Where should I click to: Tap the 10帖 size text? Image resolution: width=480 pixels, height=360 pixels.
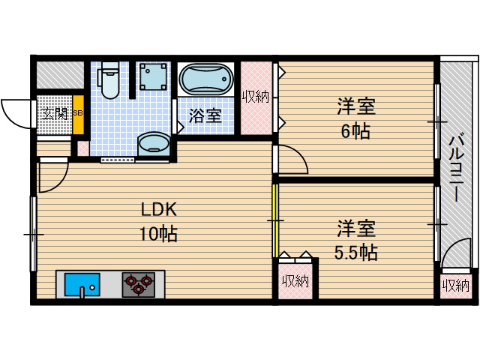tap(157, 234)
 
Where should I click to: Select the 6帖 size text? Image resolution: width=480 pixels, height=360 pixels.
tap(355, 131)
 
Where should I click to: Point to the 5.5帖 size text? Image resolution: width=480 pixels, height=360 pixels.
tap(355, 252)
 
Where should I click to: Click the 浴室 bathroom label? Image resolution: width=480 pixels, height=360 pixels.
tap(205, 116)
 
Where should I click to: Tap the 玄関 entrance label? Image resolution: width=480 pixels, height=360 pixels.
tap(54, 114)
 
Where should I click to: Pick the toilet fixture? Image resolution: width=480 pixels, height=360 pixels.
tap(109, 80)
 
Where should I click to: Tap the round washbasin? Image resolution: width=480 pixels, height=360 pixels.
tap(154, 142)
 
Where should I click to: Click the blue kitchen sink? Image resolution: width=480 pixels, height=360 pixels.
tap(81, 285)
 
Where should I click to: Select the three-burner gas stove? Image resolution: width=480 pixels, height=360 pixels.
tap(139, 285)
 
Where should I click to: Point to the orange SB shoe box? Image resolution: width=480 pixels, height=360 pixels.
tap(77, 114)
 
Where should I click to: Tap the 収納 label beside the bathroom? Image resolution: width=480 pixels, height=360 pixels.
tap(256, 96)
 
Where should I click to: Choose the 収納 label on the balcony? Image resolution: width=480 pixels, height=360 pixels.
tap(455, 285)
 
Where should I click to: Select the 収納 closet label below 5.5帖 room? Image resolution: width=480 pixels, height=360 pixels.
tap(295, 281)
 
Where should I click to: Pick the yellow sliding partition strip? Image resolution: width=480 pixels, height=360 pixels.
tap(274, 220)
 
